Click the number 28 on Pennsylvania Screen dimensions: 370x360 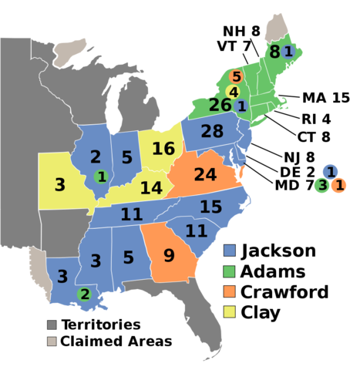click(x=212, y=132)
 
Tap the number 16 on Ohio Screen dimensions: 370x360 click(x=163, y=149)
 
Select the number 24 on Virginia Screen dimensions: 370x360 click(x=205, y=175)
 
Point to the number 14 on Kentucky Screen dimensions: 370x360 click(x=151, y=188)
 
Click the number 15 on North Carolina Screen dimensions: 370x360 click(x=210, y=207)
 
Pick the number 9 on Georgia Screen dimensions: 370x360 click(x=168, y=255)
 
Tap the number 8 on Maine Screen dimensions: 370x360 click(x=274, y=52)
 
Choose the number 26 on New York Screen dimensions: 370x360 click(x=220, y=105)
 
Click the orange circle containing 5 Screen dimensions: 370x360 click(x=237, y=77)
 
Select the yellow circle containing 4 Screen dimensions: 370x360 click(x=233, y=92)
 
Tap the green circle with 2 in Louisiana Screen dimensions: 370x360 click(x=85, y=294)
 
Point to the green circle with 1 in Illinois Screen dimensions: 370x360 click(x=100, y=177)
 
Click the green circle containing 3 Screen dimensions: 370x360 click(x=321, y=185)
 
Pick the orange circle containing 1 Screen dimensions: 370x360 click(x=338, y=185)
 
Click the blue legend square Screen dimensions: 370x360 click(x=229, y=250)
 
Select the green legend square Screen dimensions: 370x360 click(x=229, y=271)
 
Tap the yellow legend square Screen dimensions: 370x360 click(x=229, y=311)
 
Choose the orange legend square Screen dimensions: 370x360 click(x=229, y=291)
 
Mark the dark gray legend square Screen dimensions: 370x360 click(x=52, y=325)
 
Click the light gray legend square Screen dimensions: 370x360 click(x=52, y=341)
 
